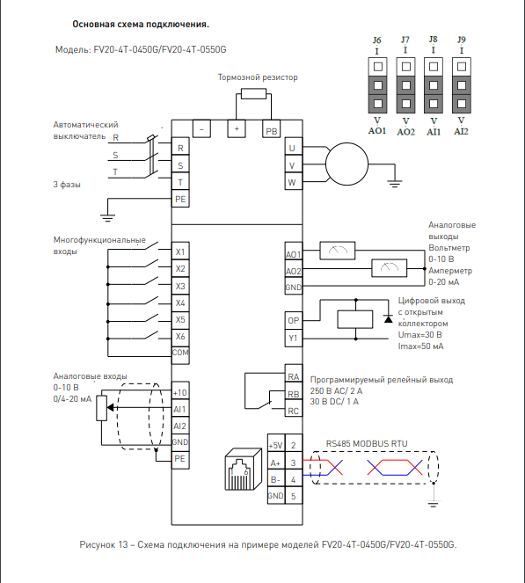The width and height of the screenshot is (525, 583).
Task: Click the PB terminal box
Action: point(272,129)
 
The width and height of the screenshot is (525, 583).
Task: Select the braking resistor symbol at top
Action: point(253,94)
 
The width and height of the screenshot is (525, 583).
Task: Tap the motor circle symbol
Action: point(346,164)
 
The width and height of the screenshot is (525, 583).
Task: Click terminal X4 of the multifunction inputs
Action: point(180,303)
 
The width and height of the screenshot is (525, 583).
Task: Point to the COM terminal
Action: point(180,353)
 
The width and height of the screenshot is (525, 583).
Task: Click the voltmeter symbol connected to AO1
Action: point(338,251)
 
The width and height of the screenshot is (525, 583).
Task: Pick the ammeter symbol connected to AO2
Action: point(390,268)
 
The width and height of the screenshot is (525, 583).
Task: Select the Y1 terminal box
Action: point(294,338)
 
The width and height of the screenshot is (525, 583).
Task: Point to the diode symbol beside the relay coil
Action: point(388,318)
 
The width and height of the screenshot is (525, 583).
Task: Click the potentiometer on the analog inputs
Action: point(101,408)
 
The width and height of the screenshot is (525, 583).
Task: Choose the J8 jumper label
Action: point(434,40)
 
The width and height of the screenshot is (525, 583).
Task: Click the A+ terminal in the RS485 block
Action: point(276,462)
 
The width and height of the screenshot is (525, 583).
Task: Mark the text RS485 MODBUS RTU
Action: point(367,443)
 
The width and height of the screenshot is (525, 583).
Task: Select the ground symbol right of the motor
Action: point(395,184)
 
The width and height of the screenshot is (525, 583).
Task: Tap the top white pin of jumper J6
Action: point(378,67)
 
